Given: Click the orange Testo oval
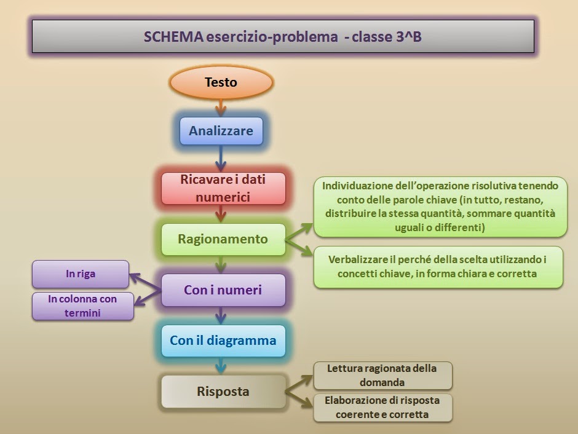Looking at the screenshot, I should pyautogui.click(x=221, y=82).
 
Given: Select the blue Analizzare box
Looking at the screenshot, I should pyautogui.click(x=221, y=131).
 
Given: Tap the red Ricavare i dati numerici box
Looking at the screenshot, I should pyautogui.click(x=223, y=188).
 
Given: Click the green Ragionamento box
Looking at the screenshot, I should pyautogui.click(x=223, y=239).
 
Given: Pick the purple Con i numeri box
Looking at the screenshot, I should pyautogui.click(x=223, y=290).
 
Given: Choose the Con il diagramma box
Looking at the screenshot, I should pyautogui.click(x=223, y=341).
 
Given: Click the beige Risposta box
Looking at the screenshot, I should pyautogui.click(x=223, y=392).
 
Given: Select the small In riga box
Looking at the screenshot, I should pyautogui.click(x=81, y=274).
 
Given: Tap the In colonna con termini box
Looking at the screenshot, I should pyautogui.click(x=83, y=306).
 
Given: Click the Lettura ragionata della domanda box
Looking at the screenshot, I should pyautogui.click(x=382, y=376).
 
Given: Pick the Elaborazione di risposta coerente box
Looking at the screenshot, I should pyautogui.click(x=382, y=408).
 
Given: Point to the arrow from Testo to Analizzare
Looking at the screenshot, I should pyautogui.click(x=221, y=108).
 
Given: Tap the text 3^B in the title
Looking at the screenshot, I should pyautogui.click(x=405, y=36).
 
